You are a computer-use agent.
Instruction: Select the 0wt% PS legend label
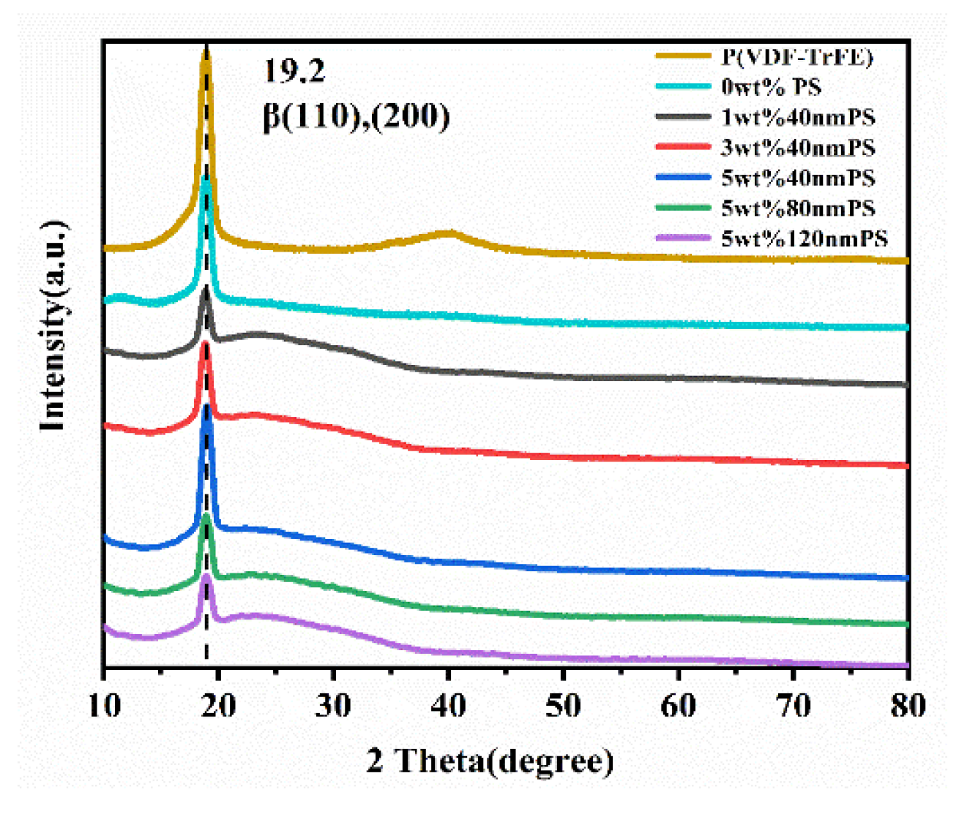click(771, 87)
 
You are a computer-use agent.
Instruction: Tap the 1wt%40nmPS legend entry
click(797, 118)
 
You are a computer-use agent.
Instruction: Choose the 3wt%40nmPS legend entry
click(797, 148)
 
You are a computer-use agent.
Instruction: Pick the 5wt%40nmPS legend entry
click(797, 178)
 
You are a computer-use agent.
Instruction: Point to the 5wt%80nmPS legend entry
click(797, 208)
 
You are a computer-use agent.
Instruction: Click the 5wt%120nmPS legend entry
click(804, 238)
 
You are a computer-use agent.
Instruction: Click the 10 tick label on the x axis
click(104, 706)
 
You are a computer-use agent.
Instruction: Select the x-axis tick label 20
click(218, 706)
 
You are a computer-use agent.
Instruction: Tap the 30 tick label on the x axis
click(333, 706)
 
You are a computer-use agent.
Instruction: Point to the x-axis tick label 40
click(448, 706)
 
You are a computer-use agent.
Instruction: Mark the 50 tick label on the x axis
click(563, 706)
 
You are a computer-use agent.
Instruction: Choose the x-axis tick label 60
click(678, 706)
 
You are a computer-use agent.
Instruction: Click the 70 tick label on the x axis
click(793, 706)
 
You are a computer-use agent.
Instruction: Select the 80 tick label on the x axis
click(907, 706)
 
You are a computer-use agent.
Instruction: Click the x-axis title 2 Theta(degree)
click(490, 761)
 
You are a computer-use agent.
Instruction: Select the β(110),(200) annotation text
click(356, 116)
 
